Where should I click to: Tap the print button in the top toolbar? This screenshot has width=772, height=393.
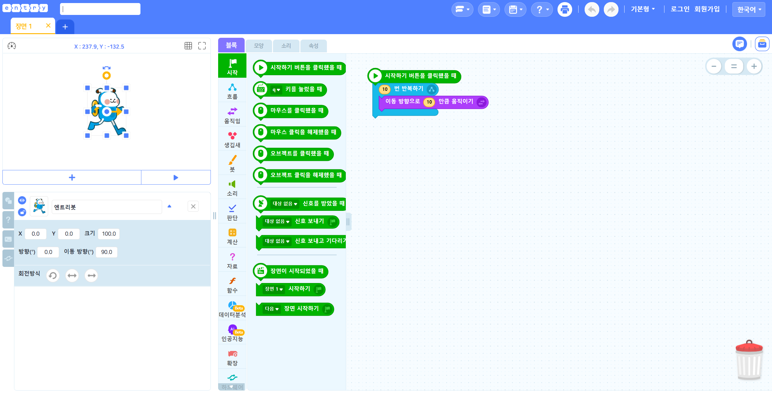click(x=565, y=9)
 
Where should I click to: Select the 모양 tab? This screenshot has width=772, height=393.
click(x=259, y=46)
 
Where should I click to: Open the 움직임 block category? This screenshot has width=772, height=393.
click(x=232, y=115)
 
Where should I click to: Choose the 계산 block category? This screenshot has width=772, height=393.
click(x=232, y=236)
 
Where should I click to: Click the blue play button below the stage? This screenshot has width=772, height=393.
click(x=176, y=177)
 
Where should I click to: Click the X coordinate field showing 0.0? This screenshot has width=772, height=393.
click(x=36, y=234)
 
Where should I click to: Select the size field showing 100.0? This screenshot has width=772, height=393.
click(x=109, y=234)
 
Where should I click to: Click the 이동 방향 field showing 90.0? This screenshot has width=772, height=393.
click(x=107, y=252)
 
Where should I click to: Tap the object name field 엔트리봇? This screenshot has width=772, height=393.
click(x=107, y=207)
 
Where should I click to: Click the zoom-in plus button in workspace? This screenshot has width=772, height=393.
click(x=754, y=66)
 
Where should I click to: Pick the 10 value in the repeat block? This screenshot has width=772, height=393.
click(x=385, y=89)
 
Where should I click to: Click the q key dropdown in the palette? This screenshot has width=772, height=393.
click(x=276, y=90)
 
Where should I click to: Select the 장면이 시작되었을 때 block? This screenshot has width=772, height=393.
click(x=291, y=271)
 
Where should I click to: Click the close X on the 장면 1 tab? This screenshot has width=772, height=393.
click(x=48, y=26)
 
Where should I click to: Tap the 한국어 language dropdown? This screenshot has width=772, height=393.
click(x=749, y=9)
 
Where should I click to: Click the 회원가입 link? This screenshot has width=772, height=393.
click(x=707, y=9)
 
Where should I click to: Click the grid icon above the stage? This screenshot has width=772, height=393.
click(x=188, y=46)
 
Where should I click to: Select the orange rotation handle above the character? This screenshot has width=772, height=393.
click(x=106, y=75)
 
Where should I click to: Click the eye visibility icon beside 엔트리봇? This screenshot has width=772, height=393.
click(x=22, y=200)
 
